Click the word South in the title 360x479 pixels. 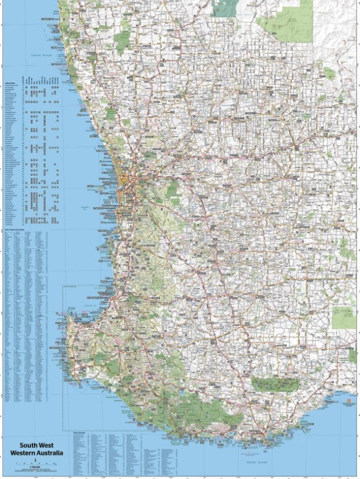[x=20, y=444]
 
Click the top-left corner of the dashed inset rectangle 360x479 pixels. [x=64, y=286]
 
